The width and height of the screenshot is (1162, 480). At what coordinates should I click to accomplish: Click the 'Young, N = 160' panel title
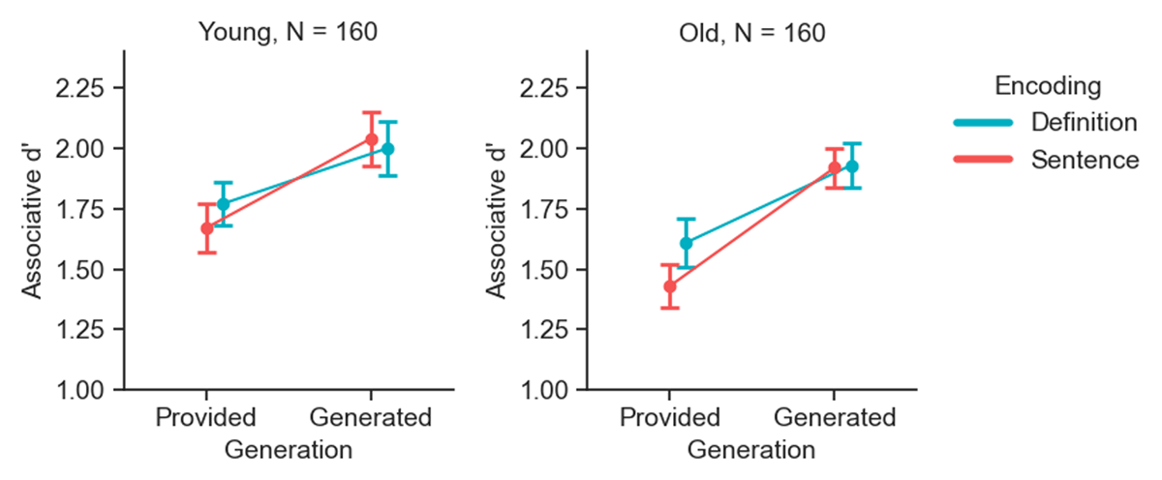pos(288,31)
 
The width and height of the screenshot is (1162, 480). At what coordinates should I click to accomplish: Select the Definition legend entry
pos(1083,123)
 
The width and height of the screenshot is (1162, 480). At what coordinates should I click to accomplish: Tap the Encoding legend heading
pos(1049,86)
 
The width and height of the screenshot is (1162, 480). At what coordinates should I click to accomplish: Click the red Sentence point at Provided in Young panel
pos(206,228)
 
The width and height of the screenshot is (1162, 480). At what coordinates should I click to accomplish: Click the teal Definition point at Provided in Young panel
pos(224,204)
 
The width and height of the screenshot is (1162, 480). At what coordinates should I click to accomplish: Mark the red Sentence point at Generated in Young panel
pos(371,139)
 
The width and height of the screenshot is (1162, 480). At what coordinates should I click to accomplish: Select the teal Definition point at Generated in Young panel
pos(388,149)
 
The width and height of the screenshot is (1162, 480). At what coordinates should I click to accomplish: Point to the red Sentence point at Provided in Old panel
pos(669,286)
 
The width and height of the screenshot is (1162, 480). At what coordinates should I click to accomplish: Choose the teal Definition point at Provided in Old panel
pos(687,243)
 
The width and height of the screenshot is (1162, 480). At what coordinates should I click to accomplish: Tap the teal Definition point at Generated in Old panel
pos(851,166)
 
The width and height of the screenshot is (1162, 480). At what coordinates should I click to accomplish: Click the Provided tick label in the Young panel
pos(205,419)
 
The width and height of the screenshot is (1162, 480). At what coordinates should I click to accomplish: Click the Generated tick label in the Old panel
pos(835,419)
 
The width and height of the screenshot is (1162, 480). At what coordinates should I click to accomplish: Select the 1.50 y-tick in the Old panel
pos(554,269)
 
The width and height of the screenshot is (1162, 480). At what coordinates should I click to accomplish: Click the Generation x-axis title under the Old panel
pos(750,450)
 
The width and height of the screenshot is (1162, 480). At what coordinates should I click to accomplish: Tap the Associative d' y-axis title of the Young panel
pos(32,221)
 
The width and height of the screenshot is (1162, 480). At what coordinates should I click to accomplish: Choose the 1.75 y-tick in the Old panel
pos(554,209)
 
